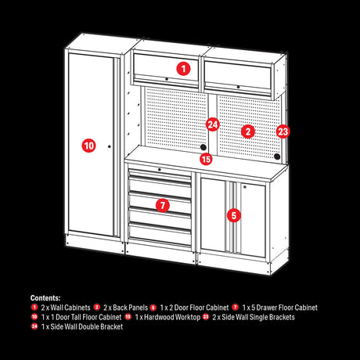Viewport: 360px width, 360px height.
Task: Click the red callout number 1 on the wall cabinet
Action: point(183,69)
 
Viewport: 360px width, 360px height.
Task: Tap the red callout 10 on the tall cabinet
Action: point(88,146)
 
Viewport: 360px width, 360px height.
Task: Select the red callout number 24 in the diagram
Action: point(212,124)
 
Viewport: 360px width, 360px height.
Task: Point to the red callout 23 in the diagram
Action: point(283,131)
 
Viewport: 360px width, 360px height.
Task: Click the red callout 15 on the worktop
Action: point(206,159)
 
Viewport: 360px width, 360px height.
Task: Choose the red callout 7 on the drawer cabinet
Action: point(163,205)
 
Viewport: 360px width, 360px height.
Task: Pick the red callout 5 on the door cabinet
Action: point(234,215)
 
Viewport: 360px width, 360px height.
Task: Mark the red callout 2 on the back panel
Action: point(248,131)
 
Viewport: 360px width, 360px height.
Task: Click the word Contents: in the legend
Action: point(45,298)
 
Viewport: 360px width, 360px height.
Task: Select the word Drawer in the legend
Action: point(268,308)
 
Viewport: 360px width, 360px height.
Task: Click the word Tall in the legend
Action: point(75,317)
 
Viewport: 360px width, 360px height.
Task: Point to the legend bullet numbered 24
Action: point(34,326)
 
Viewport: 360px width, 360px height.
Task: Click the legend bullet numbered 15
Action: point(128,317)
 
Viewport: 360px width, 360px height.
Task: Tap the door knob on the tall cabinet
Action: point(110,146)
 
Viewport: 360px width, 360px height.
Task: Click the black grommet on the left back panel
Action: point(203,147)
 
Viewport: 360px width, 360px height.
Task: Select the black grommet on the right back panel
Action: point(277,157)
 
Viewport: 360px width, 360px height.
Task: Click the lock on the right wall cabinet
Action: point(238,87)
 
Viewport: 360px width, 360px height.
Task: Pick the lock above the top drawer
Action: point(160,170)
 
